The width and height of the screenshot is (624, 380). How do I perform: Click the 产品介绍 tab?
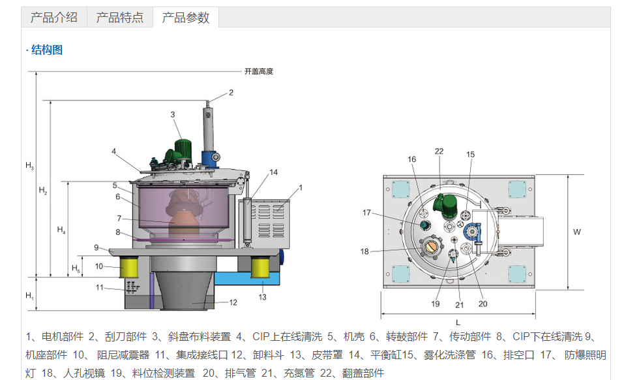[x=54, y=18]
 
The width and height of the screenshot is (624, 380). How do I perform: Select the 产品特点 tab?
[x=120, y=18]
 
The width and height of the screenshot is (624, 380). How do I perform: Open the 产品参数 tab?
[x=186, y=18]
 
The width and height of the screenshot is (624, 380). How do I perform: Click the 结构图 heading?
[x=46, y=50]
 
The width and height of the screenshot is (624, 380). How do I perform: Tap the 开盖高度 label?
[x=259, y=71]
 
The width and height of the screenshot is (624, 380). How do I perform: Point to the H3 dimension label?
[x=30, y=166]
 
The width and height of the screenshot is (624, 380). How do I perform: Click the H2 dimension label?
[x=43, y=191]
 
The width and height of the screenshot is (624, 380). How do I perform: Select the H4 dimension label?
[x=61, y=230]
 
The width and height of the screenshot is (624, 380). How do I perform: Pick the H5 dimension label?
[x=76, y=268]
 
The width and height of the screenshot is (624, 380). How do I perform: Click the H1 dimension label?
[x=30, y=296]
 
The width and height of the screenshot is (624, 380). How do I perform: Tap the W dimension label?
[x=576, y=232]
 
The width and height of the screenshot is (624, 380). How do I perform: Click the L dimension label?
[x=458, y=323]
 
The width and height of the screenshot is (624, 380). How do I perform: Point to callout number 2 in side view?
[x=230, y=93]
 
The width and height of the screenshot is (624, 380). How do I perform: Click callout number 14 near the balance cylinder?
[x=274, y=172]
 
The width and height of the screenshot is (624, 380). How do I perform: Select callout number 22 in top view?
[x=439, y=151]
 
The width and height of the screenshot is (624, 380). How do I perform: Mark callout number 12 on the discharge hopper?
[x=233, y=302]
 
